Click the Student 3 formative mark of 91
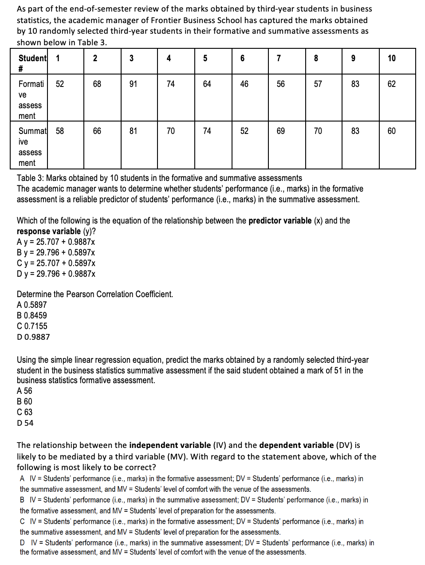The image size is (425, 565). pos(133,84)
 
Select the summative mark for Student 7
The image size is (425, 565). pos(280,131)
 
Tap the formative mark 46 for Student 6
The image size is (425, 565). pos(244,84)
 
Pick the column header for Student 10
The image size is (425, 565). pos(391,59)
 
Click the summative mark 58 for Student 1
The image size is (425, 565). pos(60,131)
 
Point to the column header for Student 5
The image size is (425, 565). pos(205,59)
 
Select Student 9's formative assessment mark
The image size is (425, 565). pos(355,84)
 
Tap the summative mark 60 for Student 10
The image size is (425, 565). pos(391,131)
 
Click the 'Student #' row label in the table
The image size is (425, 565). pos(32,63)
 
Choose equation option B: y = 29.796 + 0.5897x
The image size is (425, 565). pos(56,253)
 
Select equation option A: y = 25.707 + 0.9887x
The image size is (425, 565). pos(56,242)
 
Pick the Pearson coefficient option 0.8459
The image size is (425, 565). pos(32,316)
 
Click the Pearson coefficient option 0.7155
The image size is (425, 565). pos(32,326)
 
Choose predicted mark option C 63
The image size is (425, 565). pos(25,412)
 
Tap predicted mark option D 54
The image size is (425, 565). pos(25,423)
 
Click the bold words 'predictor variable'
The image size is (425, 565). pos(280,221)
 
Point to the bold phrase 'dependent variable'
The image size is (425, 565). pos(296,445)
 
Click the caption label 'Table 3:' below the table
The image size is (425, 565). pos(31,178)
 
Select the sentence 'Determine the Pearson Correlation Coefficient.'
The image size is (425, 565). pos(95,294)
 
